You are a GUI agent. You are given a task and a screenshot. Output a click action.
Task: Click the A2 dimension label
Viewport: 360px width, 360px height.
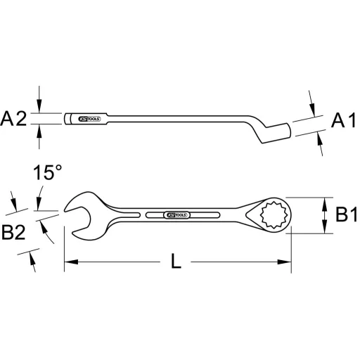[x=13, y=119]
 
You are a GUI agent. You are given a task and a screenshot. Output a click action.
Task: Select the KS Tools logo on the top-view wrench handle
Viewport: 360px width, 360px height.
[x=176, y=213]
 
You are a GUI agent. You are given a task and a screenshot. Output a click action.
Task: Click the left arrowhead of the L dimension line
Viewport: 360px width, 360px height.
[x=69, y=264]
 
